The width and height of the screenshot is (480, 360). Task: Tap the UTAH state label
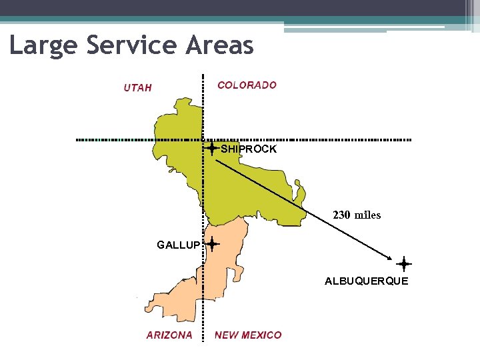click(138, 87)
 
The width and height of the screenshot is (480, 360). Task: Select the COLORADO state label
click(247, 85)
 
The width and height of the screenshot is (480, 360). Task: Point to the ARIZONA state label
click(169, 335)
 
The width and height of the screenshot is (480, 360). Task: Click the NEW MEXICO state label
click(248, 335)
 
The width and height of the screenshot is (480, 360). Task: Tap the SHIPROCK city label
click(249, 149)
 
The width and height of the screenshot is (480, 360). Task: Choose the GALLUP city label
click(178, 245)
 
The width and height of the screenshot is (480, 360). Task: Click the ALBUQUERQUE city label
click(366, 281)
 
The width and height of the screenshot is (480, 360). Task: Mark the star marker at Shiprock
click(211, 149)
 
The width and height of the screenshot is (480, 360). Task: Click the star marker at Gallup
click(212, 245)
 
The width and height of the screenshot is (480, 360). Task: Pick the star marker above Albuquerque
click(404, 264)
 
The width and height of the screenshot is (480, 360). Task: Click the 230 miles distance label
click(357, 215)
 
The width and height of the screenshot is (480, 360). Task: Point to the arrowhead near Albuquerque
click(388, 258)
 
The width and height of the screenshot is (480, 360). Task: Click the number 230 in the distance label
click(341, 215)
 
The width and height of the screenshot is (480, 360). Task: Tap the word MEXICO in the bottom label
click(262, 335)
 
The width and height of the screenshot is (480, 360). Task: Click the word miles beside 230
click(367, 215)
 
